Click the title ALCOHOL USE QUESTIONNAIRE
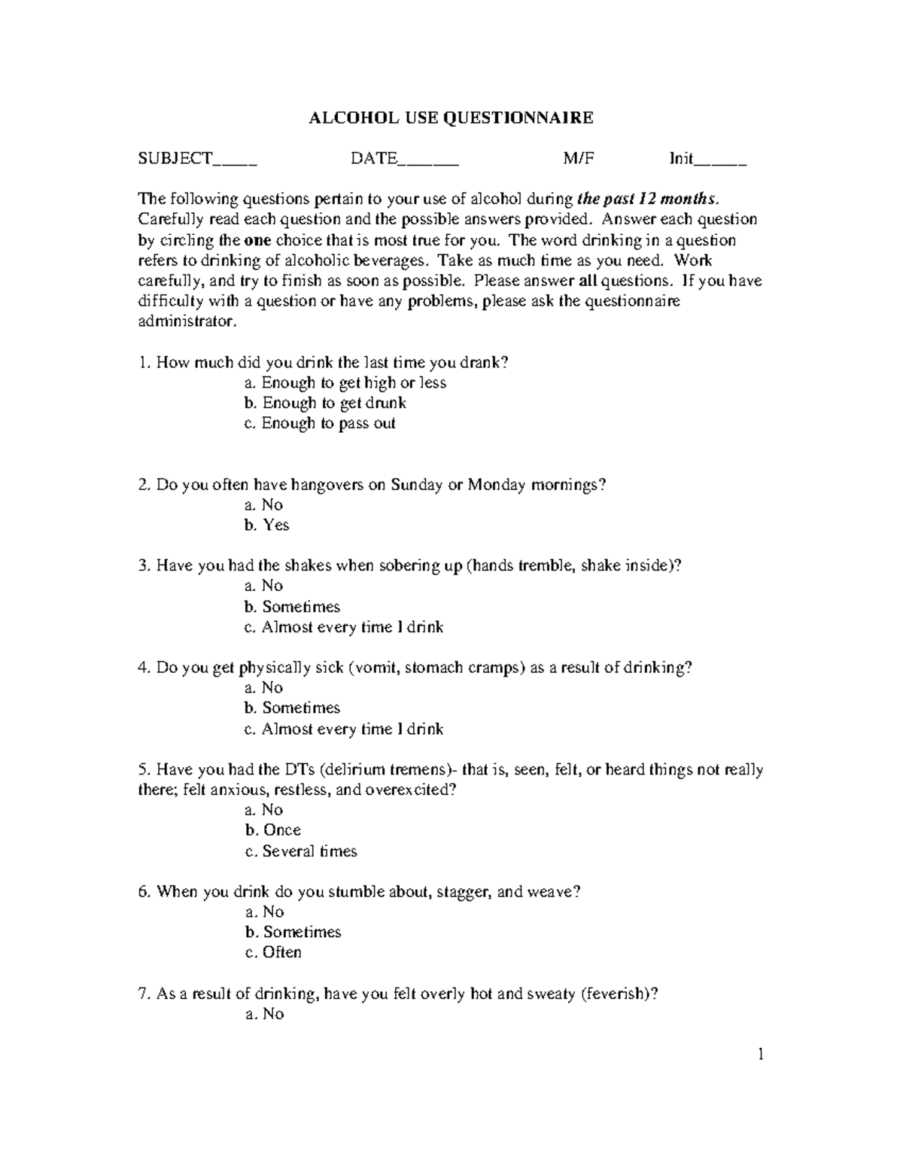pos(451,117)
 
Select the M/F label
pos(578,159)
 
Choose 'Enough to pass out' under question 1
pos(320,424)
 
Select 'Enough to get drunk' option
pos(325,403)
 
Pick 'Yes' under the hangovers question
pos(267,525)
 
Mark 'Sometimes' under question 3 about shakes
pos(293,607)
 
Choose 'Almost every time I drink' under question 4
pos(344,729)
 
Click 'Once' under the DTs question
pos(273,830)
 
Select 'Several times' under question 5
pos(301,851)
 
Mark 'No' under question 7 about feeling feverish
pos(265,1014)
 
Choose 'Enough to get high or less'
pos(345,383)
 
